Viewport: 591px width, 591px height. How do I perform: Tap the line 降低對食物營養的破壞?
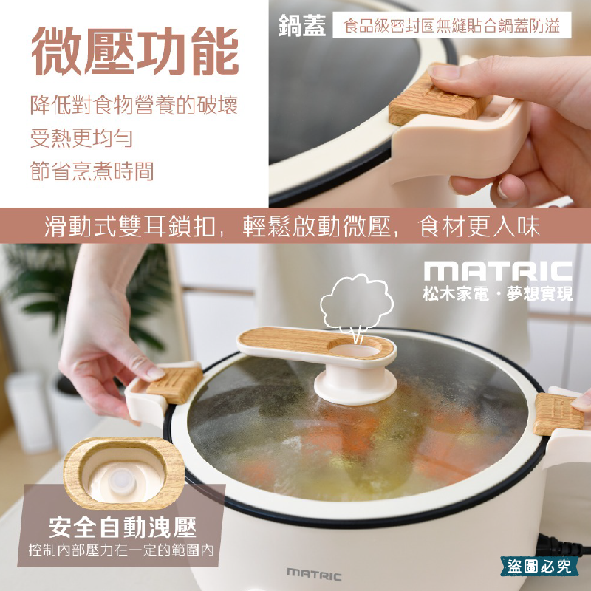tap(134, 104)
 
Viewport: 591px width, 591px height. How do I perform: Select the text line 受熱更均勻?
tap(82, 138)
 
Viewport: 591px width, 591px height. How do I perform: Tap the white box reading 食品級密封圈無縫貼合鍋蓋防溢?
tap(452, 27)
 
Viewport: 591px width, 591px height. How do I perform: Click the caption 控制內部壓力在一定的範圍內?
tap(123, 551)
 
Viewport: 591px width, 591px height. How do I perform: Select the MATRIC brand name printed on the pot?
tap(314, 574)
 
